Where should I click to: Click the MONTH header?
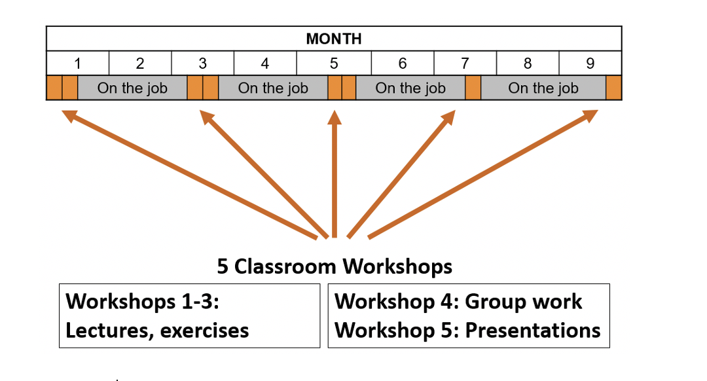pyautogui.click(x=334, y=39)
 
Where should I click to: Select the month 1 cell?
pyautogui.click(x=77, y=63)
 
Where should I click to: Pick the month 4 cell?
pyautogui.click(x=265, y=63)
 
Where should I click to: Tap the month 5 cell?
pyautogui.click(x=334, y=63)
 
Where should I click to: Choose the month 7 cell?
pyautogui.click(x=465, y=63)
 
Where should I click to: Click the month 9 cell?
pyautogui.click(x=590, y=63)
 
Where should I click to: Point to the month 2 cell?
pyautogui.click(x=140, y=63)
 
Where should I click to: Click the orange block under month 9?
pyautogui.click(x=613, y=88)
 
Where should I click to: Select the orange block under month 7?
pyautogui.click(x=473, y=88)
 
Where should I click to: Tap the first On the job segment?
pyautogui.click(x=132, y=88)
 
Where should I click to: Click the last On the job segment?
pyautogui.click(x=543, y=88)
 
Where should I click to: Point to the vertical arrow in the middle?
pyautogui.click(x=334, y=174)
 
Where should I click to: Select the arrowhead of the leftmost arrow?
pyautogui.click(x=69, y=116)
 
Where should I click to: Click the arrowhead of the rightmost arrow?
pyautogui.click(x=590, y=115)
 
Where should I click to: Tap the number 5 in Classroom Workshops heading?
pyautogui.click(x=223, y=266)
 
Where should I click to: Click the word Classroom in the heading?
pyautogui.click(x=285, y=266)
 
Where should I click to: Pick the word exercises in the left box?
pyautogui.click(x=204, y=331)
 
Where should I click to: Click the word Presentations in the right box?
pyautogui.click(x=532, y=331)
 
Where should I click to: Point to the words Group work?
pyautogui.click(x=524, y=302)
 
